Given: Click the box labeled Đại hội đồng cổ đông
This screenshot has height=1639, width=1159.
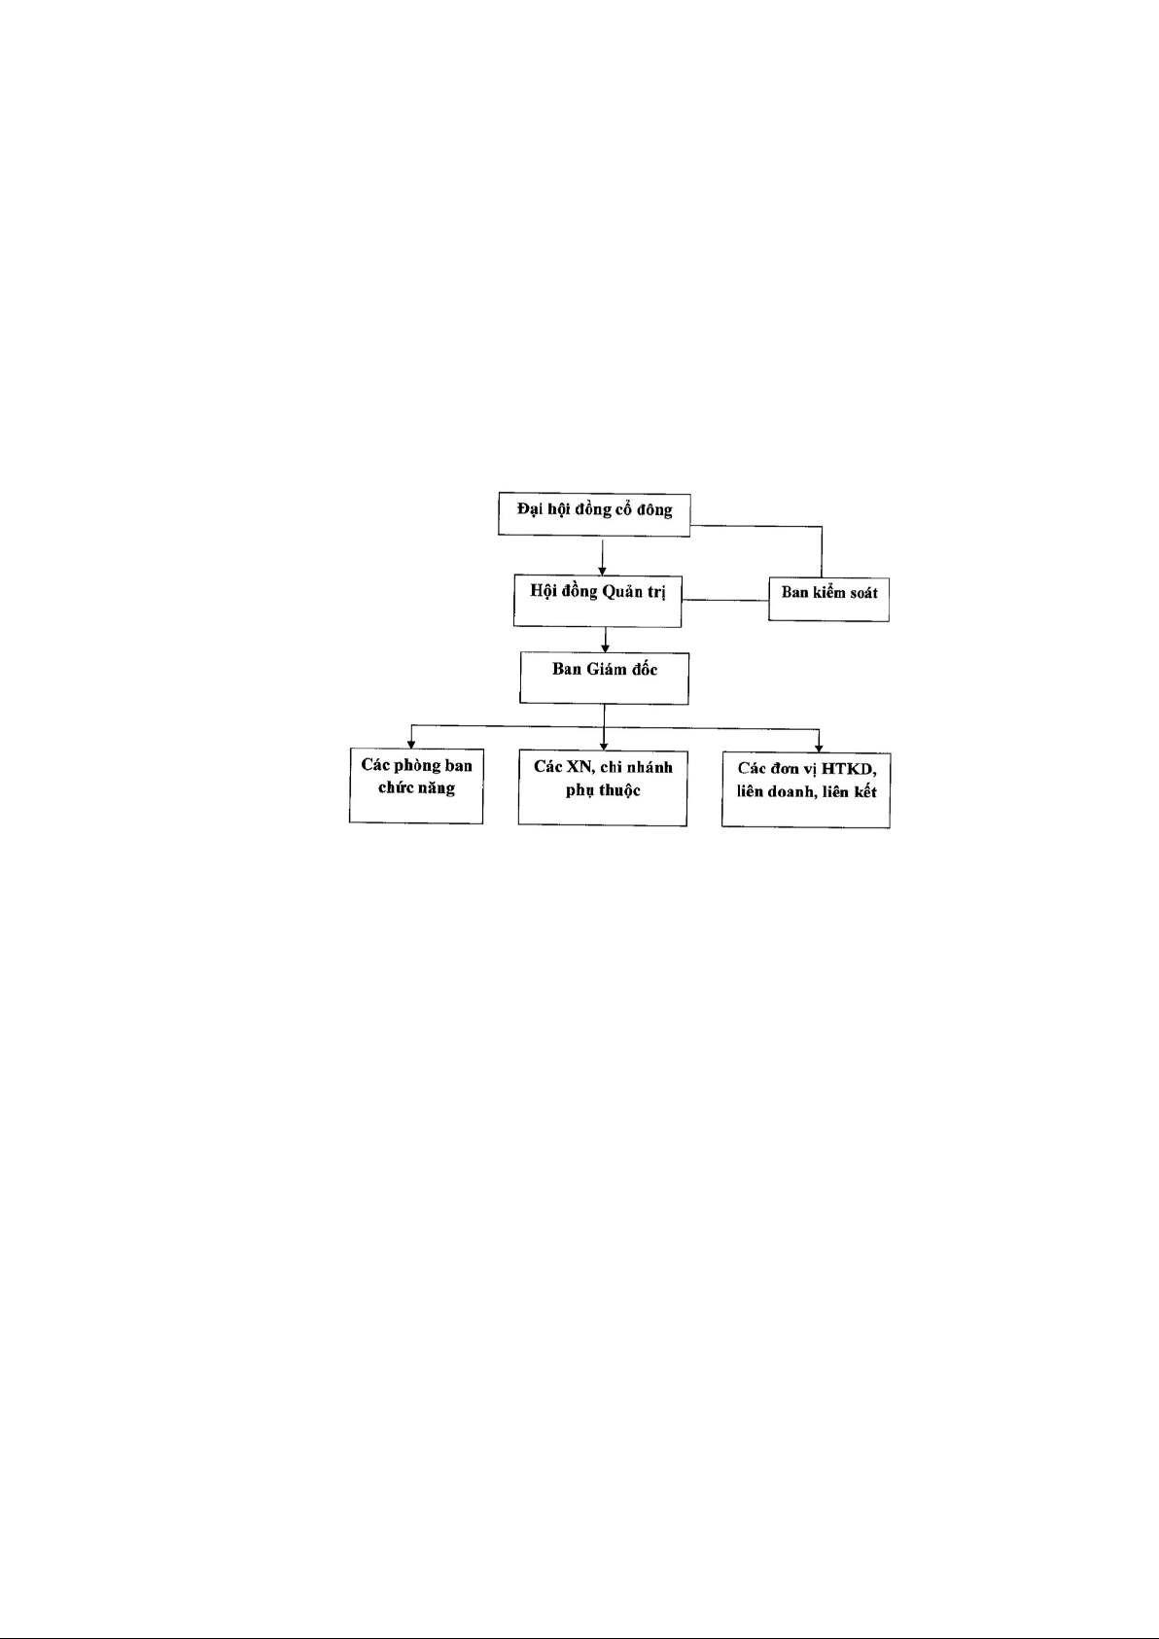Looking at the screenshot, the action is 593,515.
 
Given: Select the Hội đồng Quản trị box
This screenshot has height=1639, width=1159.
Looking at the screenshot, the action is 597,601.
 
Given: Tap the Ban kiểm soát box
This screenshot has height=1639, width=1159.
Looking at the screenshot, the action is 828,599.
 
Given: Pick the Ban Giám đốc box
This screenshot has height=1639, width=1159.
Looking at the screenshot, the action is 604,679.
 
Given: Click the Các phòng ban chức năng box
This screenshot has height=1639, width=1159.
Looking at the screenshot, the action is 415,785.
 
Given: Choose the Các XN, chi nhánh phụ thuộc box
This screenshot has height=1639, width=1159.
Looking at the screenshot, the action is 603,788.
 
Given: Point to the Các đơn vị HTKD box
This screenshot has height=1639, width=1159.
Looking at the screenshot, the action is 806,790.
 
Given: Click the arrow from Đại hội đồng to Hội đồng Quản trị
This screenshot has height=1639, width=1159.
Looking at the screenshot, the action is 602,557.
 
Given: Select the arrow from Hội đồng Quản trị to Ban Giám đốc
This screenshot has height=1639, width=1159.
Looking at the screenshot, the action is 605,641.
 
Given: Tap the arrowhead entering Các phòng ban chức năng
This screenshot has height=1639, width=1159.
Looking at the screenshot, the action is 411,744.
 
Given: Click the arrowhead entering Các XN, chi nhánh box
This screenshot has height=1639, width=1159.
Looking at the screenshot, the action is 604,746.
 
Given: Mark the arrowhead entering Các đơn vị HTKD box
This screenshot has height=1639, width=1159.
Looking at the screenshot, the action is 819,748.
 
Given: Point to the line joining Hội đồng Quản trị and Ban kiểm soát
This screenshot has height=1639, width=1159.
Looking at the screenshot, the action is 724,600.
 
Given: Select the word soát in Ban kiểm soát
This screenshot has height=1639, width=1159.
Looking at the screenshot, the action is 861,592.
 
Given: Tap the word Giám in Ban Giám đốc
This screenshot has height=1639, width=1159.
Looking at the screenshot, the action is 606,669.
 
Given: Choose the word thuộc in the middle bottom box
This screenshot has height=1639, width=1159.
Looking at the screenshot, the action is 619,791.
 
